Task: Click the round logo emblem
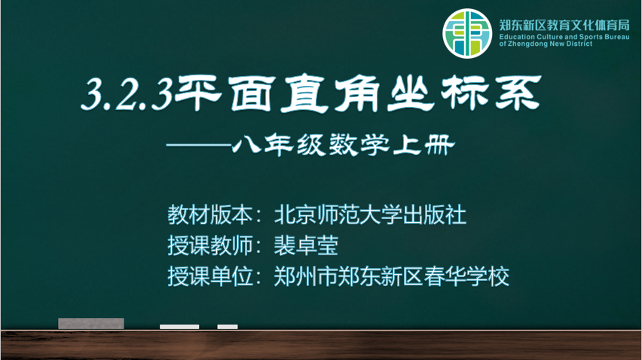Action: pyautogui.click(x=467, y=34)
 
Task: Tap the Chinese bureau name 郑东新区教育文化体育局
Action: pyautogui.click(x=564, y=26)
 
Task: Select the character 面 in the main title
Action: pyautogui.click(x=250, y=93)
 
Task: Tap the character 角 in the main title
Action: pyautogui.click(x=356, y=93)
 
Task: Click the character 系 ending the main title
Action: pyautogui.click(x=518, y=93)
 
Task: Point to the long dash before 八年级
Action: pyautogui.click(x=199, y=145)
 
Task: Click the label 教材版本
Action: pyautogui.click(x=210, y=215)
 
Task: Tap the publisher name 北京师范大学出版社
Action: pyautogui.click(x=370, y=215)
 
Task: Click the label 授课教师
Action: pyautogui.click(x=210, y=246)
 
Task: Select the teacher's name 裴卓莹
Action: pyautogui.click(x=306, y=246)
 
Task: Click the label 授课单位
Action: pyautogui.click(x=210, y=276)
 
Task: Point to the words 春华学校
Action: pyautogui.click(x=466, y=276)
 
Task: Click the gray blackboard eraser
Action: pyautogui.click(x=91, y=323)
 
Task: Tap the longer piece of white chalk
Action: pyautogui.click(x=179, y=326)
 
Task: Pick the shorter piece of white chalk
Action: pyautogui.click(x=228, y=326)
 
